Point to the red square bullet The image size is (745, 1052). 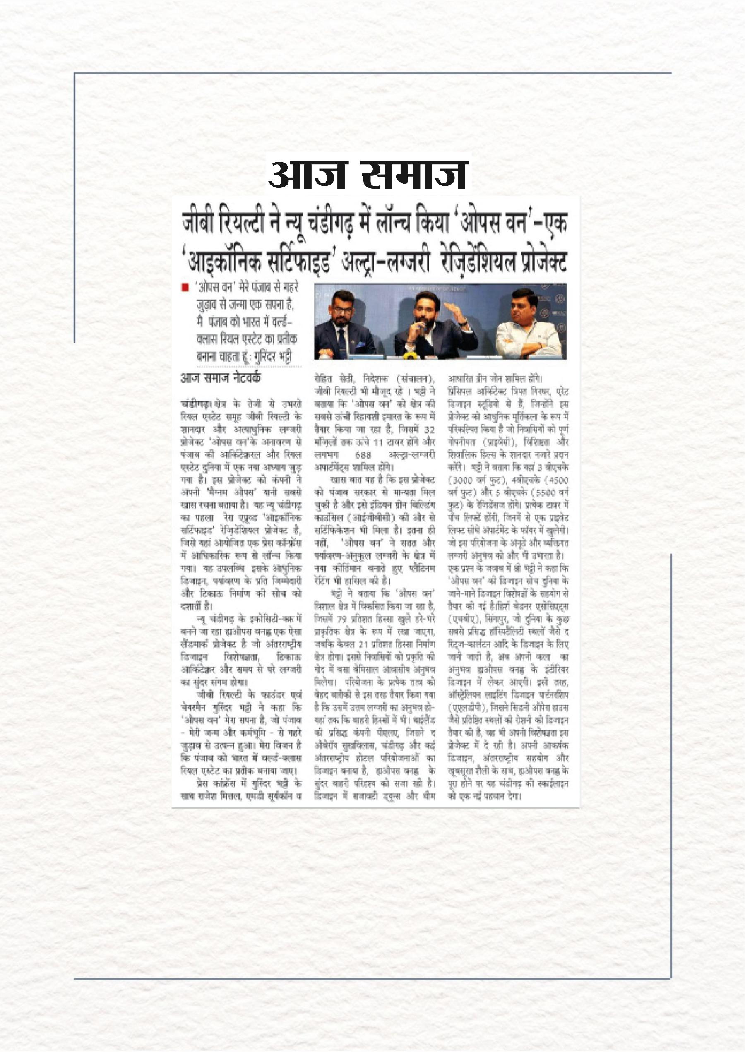[185, 288]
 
